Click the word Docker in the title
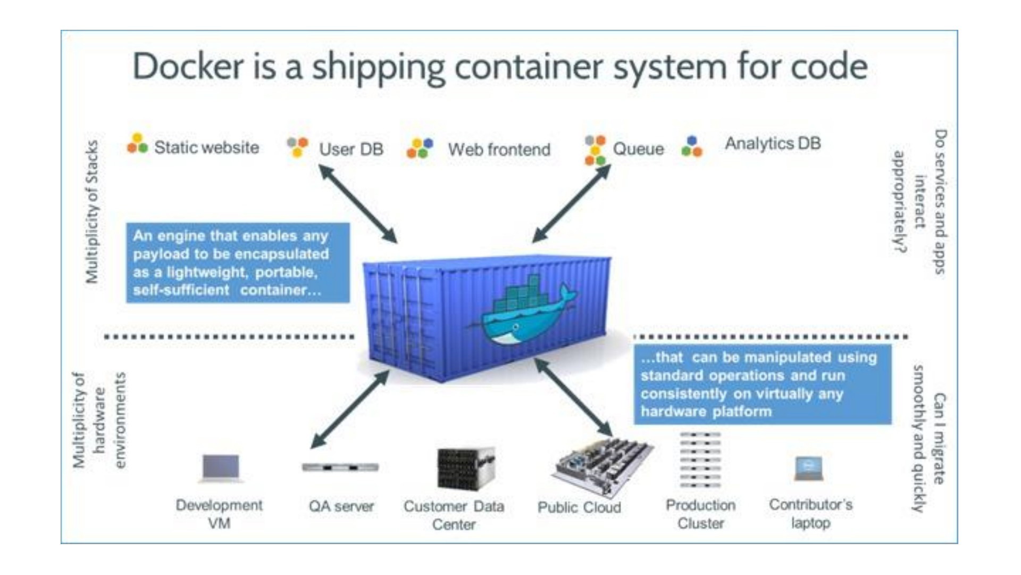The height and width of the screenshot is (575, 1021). (x=188, y=67)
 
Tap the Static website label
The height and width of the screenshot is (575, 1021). (x=207, y=147)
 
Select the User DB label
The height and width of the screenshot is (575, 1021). (x=351, y=149)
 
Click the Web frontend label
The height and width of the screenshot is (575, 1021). (x=499, y=150)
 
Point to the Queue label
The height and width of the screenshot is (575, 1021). (x=638, y=149)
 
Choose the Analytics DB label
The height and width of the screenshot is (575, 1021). (x=773, y=143)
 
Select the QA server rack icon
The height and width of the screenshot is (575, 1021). (x=340, y=467)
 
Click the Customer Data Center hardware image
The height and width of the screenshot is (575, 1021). (x=466, y=468)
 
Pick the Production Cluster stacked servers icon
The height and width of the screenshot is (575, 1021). (x=700, y=460)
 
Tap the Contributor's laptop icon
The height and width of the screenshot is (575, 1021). (x=809, y=469)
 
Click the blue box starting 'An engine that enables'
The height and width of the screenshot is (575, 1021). (x=238, y=262)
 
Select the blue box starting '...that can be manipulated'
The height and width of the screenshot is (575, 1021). (x=763, y=384)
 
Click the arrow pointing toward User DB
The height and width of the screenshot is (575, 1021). (x=358, y=204)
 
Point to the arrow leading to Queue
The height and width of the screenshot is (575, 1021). (x=572, y=204)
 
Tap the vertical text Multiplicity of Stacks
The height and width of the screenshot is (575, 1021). (x=92, y=211)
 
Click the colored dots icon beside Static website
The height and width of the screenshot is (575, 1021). (x=137, y=143)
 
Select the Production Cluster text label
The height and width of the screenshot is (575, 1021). (x=701, y=514)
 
